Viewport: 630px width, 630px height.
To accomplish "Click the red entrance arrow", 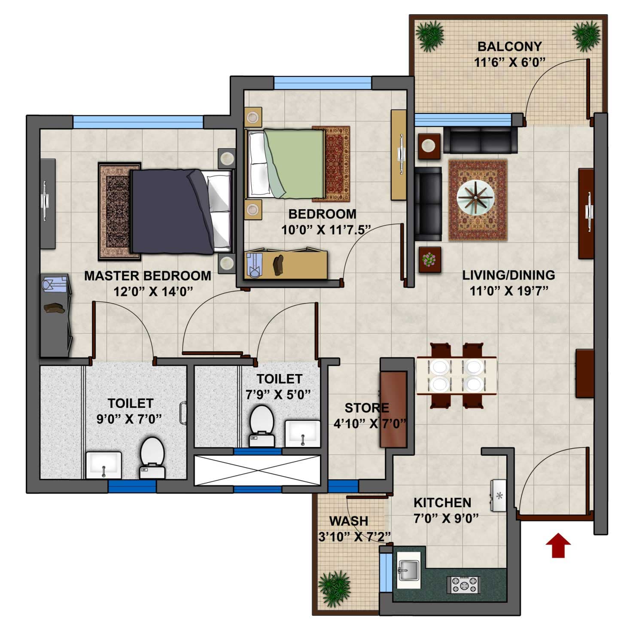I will click(x=558, y=546).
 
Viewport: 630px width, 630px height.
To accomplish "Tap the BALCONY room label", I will click(x=509, y=46).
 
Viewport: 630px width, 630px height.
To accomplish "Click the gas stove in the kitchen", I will click(x=463, y=584).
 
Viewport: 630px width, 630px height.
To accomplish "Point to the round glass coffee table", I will click(x=475, y=198).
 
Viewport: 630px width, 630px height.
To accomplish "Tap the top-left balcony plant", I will click(x=430, y=37).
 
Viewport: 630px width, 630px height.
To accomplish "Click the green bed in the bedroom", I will click(x=292, y=163).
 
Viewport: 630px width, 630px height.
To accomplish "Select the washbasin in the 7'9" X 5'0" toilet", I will click(x=302, y=433).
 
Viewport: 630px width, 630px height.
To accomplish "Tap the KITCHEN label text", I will click(x=442, y=502).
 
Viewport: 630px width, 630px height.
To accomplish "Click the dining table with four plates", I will click(x=457, y=375).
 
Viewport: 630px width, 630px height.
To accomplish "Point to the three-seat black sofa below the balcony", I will click(x=480, y=140).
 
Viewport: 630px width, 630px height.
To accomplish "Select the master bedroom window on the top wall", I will click(x=137, y=122).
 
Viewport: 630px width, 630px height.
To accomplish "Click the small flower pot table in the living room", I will click(x=429, y=260).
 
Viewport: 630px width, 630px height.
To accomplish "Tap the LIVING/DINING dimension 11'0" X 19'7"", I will click(x=508, y=291).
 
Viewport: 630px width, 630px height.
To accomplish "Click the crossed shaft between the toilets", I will click(x=257, y=470).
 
